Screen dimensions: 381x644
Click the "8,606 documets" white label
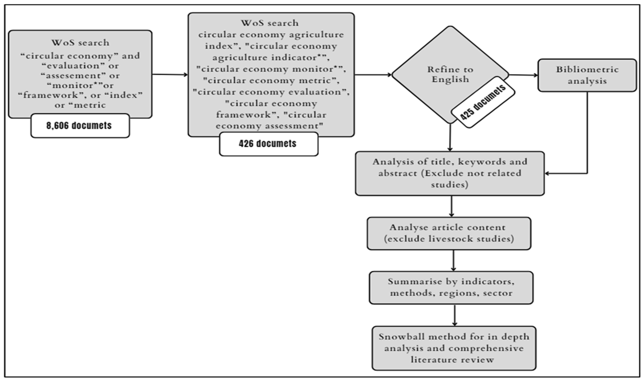click(x=80, y=126)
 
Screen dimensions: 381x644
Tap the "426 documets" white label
click(x=268, y=144)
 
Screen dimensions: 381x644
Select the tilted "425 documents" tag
click(x=483, y=102)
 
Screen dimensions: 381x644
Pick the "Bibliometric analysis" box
click(x=587, y=75)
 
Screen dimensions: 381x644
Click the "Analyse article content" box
click(x=449, y=233)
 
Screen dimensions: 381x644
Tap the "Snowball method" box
click(x=454, y=348)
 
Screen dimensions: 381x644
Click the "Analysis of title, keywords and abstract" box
click(x=450, y=173)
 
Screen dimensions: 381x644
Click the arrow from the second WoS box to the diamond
click(x=373, y=75)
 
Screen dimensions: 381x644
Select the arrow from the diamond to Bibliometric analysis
click(x=523, y=75)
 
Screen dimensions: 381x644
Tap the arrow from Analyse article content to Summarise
click(x=453, y=260)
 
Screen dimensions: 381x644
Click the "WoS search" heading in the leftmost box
click(x=80, y=43)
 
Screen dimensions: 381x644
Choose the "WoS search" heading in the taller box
click(x=270, y=23)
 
